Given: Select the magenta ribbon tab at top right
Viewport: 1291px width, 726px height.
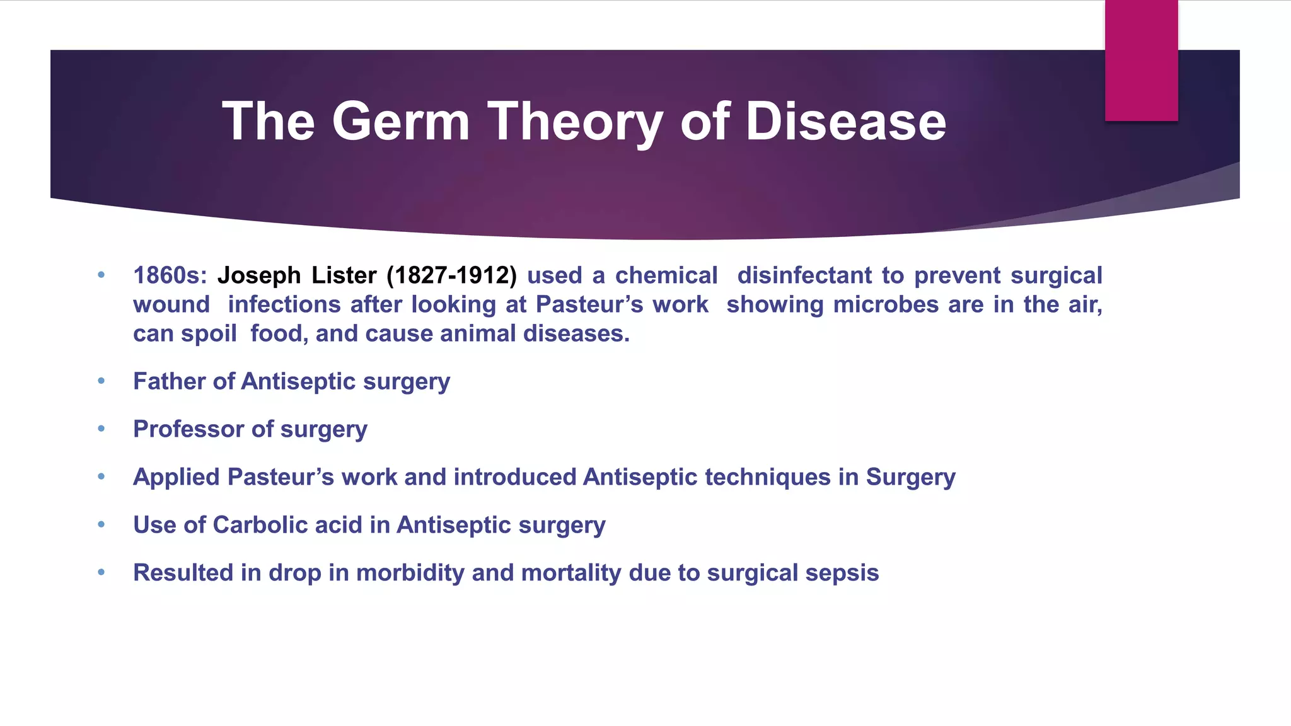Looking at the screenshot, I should (x=1141, y=61).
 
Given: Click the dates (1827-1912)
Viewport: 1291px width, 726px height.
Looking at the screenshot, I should (x=451, y=275).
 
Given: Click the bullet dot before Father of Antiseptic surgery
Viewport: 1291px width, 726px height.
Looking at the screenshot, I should (x=101, y=381).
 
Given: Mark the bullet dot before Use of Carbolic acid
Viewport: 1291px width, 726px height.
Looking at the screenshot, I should (x=101, y=525).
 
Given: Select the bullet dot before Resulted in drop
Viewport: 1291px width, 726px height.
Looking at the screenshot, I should (x=101, y=573).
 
